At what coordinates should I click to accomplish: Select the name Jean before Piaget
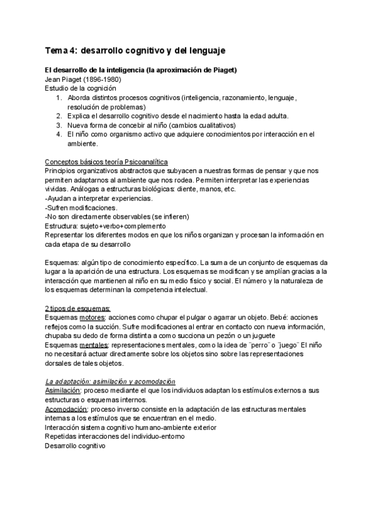55,79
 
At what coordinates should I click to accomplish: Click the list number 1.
58,97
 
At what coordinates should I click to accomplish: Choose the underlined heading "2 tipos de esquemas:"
78,308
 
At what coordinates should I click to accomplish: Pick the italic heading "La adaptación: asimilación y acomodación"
111,382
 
